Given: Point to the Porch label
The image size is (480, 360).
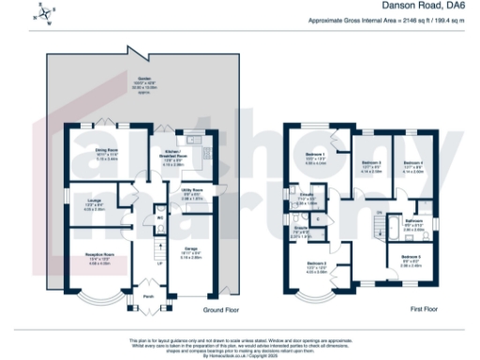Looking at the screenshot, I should click(148, 301).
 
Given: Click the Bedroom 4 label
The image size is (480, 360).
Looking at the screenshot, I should click(412, 164).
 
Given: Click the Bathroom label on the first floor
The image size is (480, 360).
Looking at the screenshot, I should click(413, 222).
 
